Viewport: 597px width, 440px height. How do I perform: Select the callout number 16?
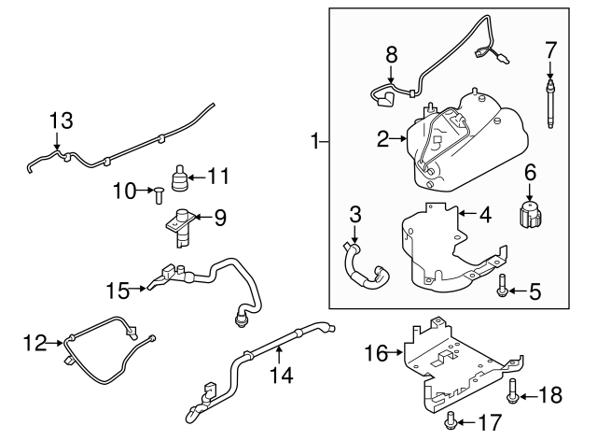pos(375,353)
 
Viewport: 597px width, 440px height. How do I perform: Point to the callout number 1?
pos(317,142)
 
